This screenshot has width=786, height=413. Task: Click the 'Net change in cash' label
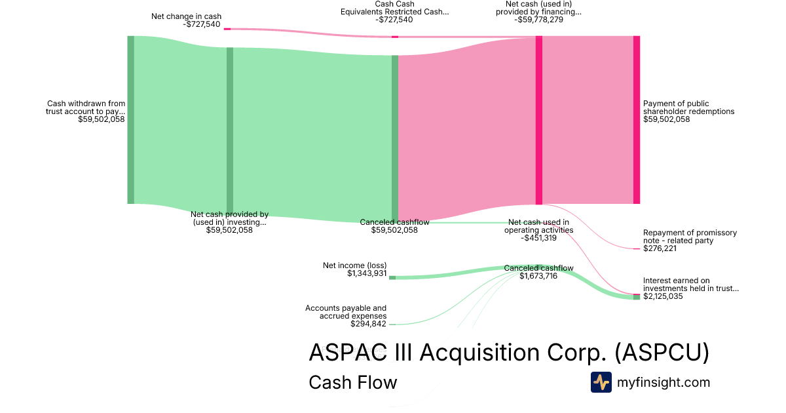tap(186, 16)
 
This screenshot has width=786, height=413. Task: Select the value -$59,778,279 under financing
tap(539, 20)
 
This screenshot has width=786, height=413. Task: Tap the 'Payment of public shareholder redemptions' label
tap(688, 108)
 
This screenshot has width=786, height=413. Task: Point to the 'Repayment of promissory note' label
tap(690, 237)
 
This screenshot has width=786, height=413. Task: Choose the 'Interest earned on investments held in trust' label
tap(690, 285)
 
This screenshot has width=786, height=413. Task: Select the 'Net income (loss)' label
tap(354, 265)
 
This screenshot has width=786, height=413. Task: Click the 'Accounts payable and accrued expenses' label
tap(346, 311)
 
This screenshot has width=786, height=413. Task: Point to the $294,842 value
tap(369, 324)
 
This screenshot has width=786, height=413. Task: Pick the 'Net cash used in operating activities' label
tap(538, 226)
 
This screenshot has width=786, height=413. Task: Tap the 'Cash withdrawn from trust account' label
tap(86, 108)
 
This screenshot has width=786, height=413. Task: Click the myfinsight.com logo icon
tap(601, 382)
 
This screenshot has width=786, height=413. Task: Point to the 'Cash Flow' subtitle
tap(352, 382)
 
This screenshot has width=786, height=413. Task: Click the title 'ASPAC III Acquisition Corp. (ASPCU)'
tap(508, 353)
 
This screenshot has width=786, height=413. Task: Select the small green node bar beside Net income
tap(392, 277)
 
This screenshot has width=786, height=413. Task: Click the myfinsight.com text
tap(664, 382)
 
